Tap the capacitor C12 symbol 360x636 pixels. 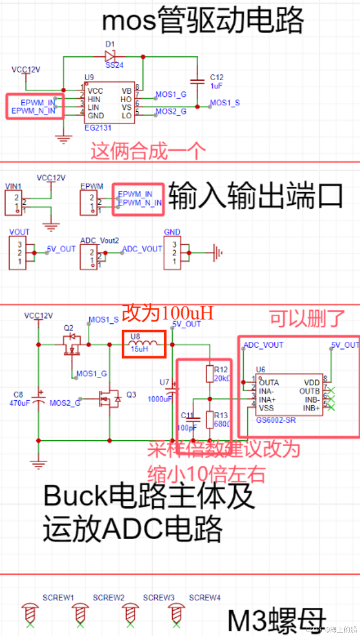click(197, 81)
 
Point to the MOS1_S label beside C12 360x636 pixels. click(225, 103)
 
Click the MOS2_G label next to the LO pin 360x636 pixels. click(171, 112)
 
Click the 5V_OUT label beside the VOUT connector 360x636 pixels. click(61, 249)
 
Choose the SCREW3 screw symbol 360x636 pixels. click(131, 612)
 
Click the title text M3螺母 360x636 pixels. click(277, 620)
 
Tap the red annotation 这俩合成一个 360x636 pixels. click(148, 151)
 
